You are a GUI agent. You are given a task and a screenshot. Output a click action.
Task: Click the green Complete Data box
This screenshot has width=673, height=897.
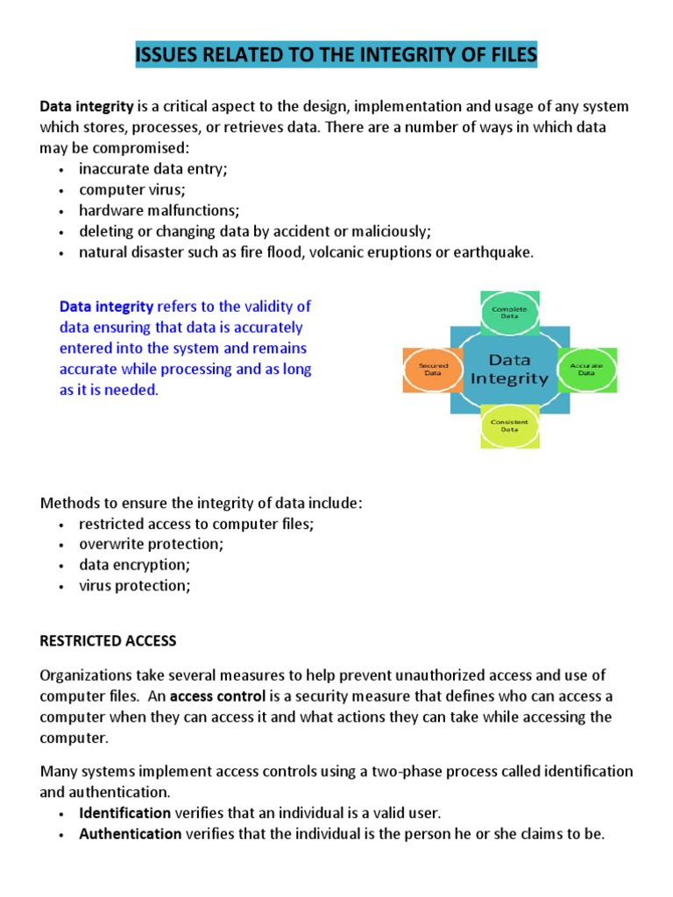point(509,314)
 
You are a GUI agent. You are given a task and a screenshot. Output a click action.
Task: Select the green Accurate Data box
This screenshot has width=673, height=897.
point(586,369)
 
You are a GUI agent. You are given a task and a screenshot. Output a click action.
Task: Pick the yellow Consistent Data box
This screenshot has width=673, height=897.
point(509,427)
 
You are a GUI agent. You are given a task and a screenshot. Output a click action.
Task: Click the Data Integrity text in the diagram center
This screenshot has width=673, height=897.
point(509,369)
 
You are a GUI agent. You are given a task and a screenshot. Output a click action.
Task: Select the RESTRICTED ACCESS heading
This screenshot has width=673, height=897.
point(108,640)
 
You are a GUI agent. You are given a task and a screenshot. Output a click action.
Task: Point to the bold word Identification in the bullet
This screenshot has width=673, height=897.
point(125,813)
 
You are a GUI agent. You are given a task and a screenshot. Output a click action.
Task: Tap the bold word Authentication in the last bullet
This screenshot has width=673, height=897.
point(130,834)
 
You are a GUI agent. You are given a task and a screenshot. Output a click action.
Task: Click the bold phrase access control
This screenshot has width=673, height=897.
point(211,696)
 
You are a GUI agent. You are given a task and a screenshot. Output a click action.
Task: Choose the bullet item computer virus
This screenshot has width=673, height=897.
point(132,190)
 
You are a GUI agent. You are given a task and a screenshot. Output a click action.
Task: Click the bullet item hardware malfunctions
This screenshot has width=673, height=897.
point(159,211)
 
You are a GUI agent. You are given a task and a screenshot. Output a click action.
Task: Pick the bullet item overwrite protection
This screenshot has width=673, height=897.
point(151,544)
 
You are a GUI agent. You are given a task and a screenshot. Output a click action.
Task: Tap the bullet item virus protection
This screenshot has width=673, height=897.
point(134,586)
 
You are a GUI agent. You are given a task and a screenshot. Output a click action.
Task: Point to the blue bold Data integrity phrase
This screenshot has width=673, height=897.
point(106,307)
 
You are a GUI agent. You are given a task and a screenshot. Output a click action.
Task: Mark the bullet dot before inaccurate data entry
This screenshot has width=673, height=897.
point(60,170)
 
